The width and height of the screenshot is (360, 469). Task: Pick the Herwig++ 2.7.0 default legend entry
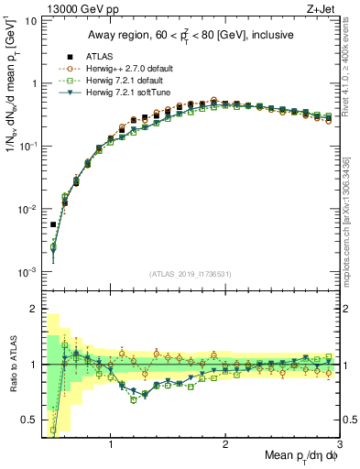115,67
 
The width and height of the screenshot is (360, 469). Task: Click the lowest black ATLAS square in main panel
53,224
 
